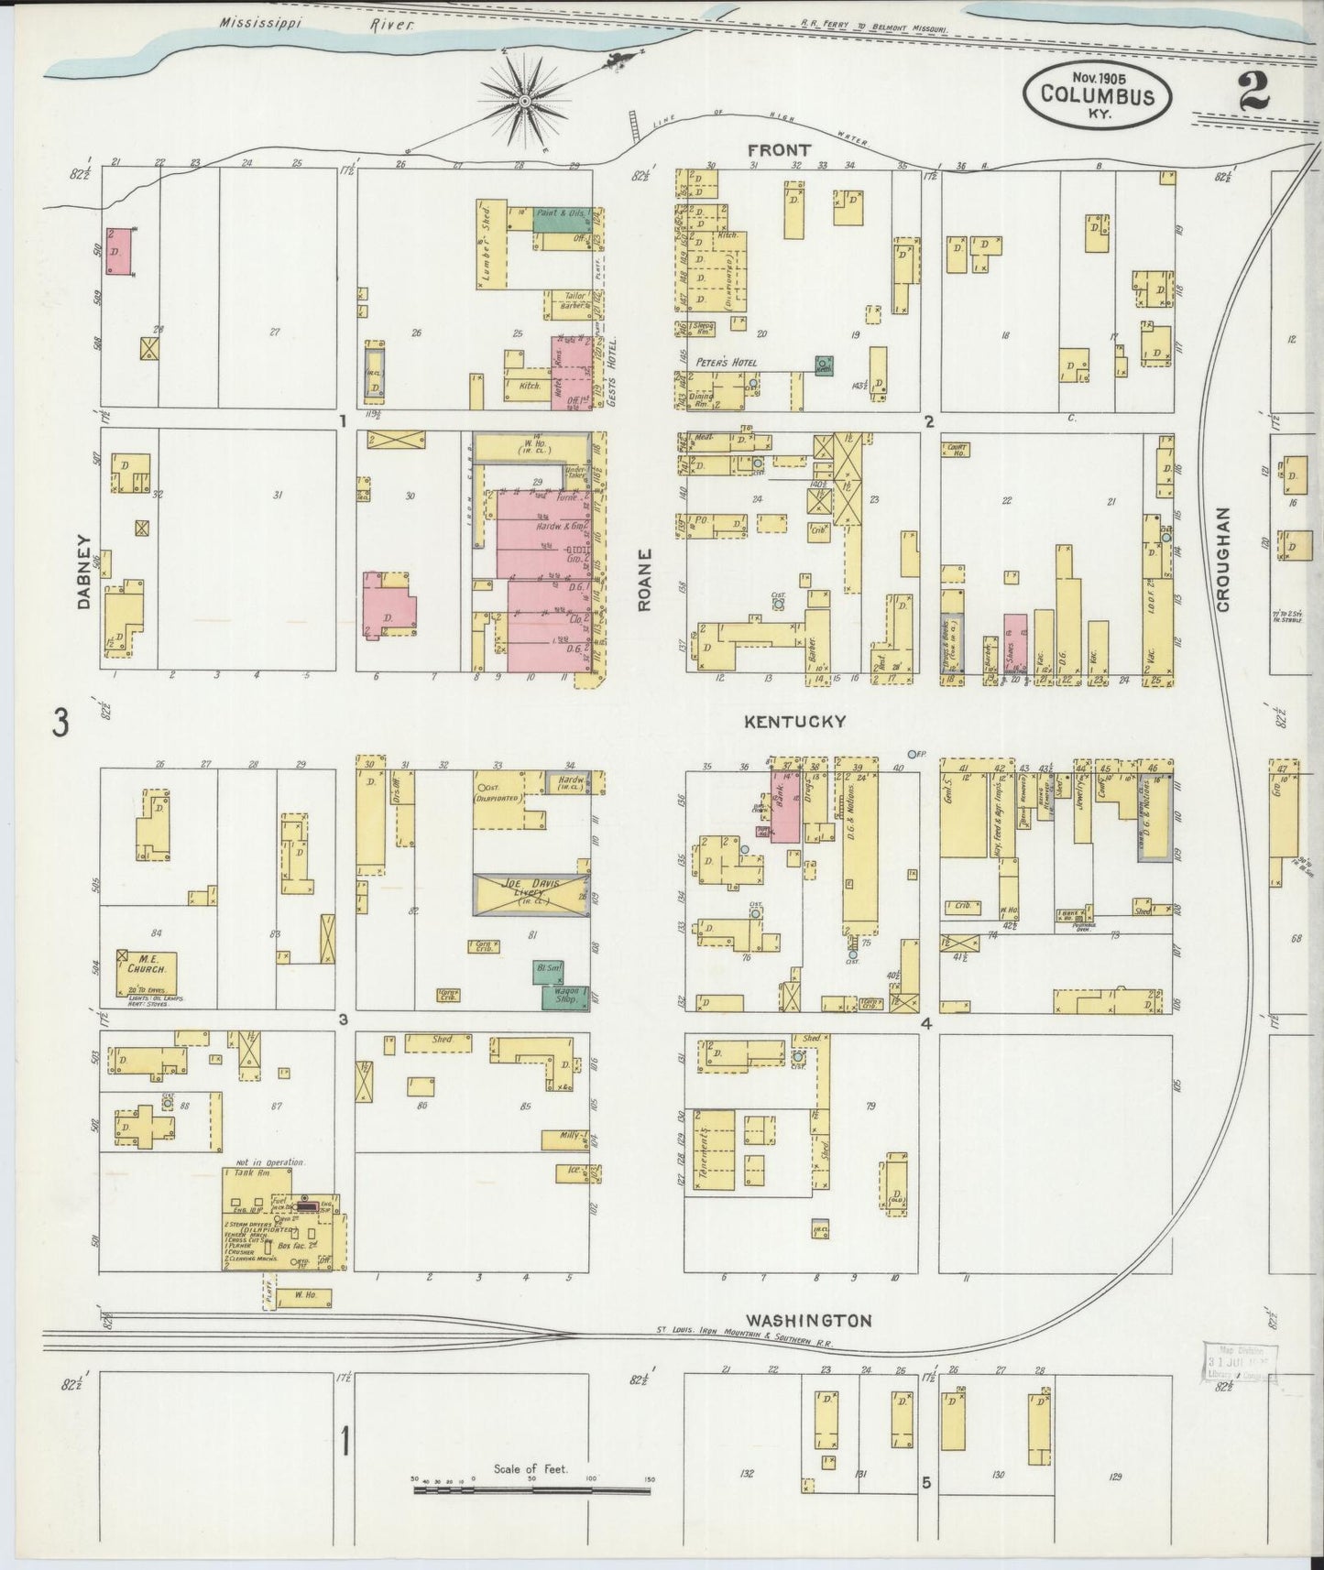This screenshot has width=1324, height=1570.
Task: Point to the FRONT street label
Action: (x=778, y=150)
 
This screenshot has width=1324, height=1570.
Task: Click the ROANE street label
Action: (x=646, y=579)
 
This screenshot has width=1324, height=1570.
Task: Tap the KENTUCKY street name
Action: (x=793, y=722)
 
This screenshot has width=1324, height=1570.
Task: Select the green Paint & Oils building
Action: (x=562, y=220)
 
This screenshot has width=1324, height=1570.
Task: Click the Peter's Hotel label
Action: (x=726, y=363)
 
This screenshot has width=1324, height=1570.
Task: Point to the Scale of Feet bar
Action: (x=531, y=1490)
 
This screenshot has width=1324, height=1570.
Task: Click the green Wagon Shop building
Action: (x=564, y=999)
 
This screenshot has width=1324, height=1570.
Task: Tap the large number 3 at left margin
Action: (x=60, y=724)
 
